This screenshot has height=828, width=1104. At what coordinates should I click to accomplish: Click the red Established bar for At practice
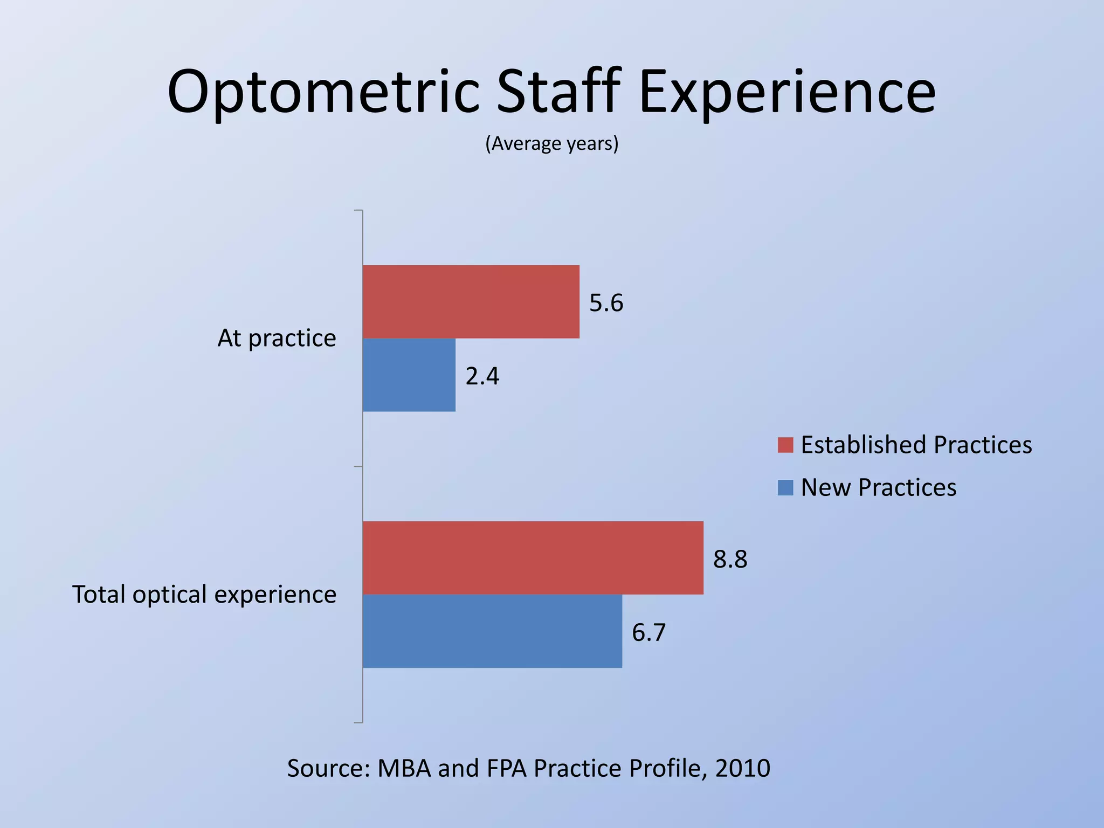(x=471, y=301)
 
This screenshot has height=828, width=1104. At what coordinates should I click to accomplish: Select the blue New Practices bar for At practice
(x=409, y=375)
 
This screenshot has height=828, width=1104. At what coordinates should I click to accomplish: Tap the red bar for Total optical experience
(x=533, y=557)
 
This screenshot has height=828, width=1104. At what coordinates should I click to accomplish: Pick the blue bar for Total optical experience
(x=492, y=631)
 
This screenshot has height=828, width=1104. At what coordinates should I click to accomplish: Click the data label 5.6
(x=606, y=303)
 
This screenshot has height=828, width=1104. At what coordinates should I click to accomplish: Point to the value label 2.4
(x=482, y=376)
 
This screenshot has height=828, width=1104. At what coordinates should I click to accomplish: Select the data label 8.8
(x=730, y=560)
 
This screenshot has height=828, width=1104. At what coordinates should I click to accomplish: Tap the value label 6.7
(x=648, y=632)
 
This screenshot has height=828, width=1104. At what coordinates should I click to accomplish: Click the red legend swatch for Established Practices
(x=785, y=445)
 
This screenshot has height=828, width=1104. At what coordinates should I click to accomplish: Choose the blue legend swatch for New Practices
(x=785, y=487)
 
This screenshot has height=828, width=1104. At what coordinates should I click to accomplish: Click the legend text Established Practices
(x=916, y=445)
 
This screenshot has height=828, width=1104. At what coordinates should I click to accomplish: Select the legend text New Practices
(x=878, y=487)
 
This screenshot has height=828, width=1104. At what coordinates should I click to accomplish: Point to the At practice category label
(x=277, y=339)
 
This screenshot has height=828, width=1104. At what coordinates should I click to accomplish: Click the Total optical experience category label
(x=204, y=595)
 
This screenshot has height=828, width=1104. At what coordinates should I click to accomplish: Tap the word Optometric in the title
(x=323, y=92)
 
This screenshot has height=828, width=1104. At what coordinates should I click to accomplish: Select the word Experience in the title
(x=787, y=92)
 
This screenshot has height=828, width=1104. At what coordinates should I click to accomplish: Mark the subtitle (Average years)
(x=551, y=143)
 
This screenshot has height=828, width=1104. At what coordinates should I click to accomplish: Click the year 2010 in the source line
(x=742, y=768)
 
